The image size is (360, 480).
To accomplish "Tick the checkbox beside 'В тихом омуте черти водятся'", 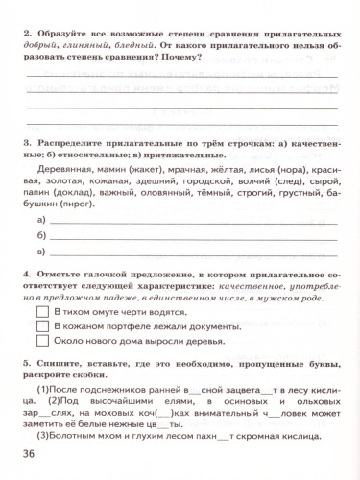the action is (x=41, y=313).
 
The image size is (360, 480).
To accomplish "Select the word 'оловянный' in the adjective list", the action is (x=168, y=191).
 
